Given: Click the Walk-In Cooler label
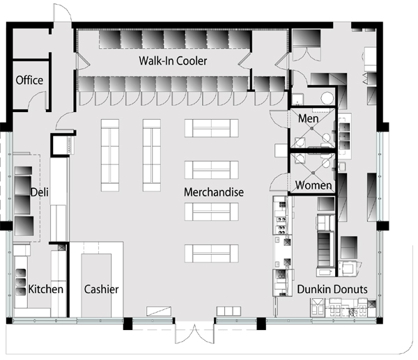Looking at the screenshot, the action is pyautogui.click(x=173, y=61).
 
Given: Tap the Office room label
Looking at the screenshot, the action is pyautogui.click(x=29, y=80).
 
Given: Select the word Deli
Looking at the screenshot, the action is pyautogui.click(x=40, y=192).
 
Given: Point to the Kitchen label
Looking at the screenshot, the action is pyautogui.click(x=45, y=289).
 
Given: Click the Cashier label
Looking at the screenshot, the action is pyautogui.click(x=101, y=289).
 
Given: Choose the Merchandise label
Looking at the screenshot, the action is pyautogui.click(x=214, y=192).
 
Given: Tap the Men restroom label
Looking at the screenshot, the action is pyautogui.click(x=308, y=118).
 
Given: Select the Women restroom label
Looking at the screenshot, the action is pyautogui.click(x=313, y=185).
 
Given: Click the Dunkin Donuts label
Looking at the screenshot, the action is pyautogui.click(x=332, y=289).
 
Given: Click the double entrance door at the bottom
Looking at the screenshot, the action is pyautogui.click(x=194, y=333).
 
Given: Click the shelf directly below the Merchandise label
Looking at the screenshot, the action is pyautogui.click(x=211, y=212).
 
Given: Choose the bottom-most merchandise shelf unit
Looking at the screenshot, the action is pyautogui.click(x=211, y=253).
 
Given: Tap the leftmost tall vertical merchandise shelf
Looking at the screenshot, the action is pyautogui.click(x=110, y=155).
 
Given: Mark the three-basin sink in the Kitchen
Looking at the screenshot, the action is pyautogui.click(x=21, y=282).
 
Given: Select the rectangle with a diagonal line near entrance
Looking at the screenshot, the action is pyautogui.click(x=159, y=311).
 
